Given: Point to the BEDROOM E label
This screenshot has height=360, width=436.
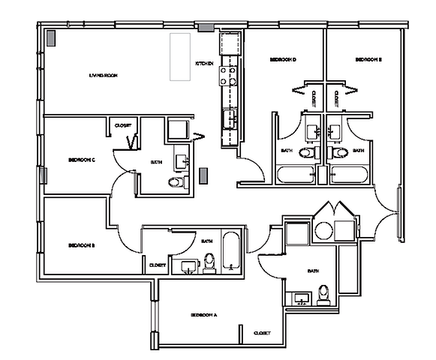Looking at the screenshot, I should point(368,59).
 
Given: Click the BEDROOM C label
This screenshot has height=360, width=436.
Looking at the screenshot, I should point(81,160).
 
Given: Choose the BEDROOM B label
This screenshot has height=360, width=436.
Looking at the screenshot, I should point(80,245).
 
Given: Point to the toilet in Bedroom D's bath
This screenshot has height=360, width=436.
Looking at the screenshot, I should point(307,154).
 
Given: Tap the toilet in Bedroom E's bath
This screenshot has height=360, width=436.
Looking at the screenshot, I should point(341,154).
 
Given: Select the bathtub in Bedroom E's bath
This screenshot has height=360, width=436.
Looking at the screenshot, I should point(350,175).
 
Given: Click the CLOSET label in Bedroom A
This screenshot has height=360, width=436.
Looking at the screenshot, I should point(262,332).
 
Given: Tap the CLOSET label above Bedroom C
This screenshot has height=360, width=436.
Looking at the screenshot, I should point(123,125).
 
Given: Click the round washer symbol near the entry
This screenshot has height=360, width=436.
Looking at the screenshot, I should point(323,230).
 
